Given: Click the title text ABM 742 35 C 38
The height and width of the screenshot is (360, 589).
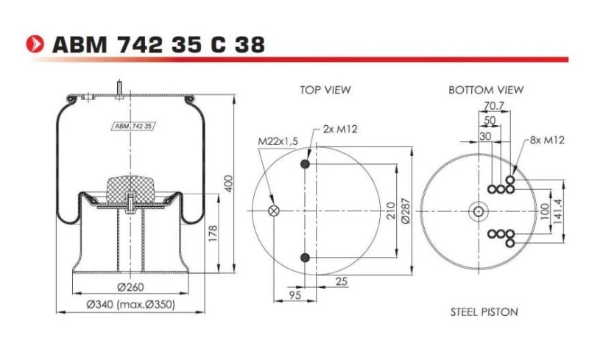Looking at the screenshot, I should pos(158,44).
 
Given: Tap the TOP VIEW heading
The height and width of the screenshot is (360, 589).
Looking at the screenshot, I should pos(325,90).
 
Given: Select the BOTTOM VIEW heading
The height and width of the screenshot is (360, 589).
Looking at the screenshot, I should pos(486,90).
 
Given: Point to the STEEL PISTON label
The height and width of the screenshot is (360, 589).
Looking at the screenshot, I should pos(484,312).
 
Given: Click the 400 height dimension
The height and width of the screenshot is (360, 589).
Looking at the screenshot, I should pos(228,184).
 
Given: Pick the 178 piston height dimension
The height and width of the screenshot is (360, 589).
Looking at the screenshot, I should pos(212,235).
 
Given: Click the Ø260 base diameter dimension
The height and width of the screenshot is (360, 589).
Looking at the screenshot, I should pos(130,287).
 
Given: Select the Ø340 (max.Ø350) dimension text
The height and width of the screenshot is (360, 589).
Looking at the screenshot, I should pos(130,304).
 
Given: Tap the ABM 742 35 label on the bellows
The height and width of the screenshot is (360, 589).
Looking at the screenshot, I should pos(133,127).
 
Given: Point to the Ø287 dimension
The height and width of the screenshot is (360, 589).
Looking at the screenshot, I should pos(404,211).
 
